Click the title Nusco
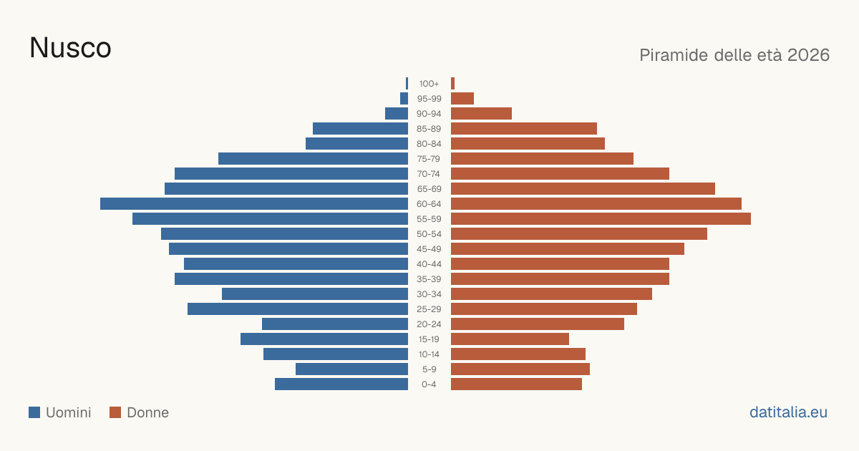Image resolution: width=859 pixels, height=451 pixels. tap(70, 48)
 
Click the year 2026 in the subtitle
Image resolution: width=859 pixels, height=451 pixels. tap(808, 55)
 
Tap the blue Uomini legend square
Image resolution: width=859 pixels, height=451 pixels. tap(34, 412)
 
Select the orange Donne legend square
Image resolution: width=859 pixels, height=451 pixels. tap(115, 412)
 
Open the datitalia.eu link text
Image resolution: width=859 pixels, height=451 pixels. tap(788, 412)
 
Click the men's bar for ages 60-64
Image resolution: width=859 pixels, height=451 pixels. tap(254, 203)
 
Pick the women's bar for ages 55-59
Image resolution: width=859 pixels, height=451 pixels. tap(601, 218)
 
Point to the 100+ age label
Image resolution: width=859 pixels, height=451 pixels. tap(429, 84)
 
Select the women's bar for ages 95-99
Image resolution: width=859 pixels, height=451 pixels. tap(462, 99)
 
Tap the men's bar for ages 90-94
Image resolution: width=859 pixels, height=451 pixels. tap(397, 114)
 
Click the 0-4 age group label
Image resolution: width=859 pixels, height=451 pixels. tap(429, 384)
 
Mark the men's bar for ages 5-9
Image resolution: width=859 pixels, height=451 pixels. tap(351, 369)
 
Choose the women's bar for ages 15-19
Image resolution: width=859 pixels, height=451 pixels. tap(510, 339)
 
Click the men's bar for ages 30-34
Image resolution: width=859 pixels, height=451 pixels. tap(315, 294)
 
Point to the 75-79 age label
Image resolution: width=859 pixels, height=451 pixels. tap(429, 159)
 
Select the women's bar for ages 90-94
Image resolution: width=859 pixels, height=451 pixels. tap(481, 114)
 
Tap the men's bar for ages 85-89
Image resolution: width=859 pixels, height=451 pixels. tap(361, 128)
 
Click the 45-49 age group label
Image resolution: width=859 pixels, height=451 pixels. tap(429, 249)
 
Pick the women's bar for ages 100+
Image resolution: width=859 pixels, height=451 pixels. tap(453, 84)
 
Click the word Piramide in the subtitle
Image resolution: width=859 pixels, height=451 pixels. tap(674, 55)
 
